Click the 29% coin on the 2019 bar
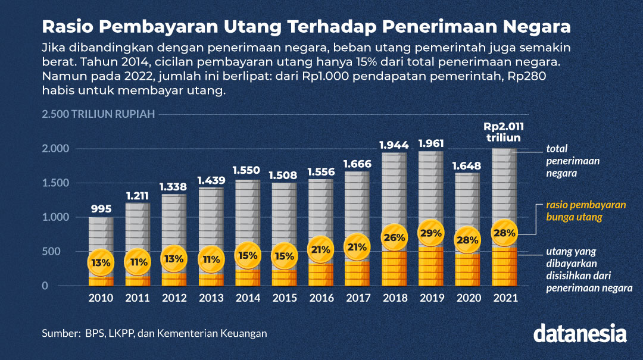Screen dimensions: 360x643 point(430,233)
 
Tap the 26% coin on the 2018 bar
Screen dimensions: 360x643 point(394,237)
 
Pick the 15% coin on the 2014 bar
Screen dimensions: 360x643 point(247,255)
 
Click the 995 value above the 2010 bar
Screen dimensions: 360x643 point(101,208)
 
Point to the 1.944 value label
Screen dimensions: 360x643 point(394,144)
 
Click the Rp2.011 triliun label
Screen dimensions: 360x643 point(503,132)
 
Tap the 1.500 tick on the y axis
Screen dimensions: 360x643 point(56,183)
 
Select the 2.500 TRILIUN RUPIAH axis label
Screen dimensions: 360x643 point(98,114)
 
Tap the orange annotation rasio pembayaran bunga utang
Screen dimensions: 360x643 point(586,211)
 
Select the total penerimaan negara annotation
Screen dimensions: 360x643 point(573,161)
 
